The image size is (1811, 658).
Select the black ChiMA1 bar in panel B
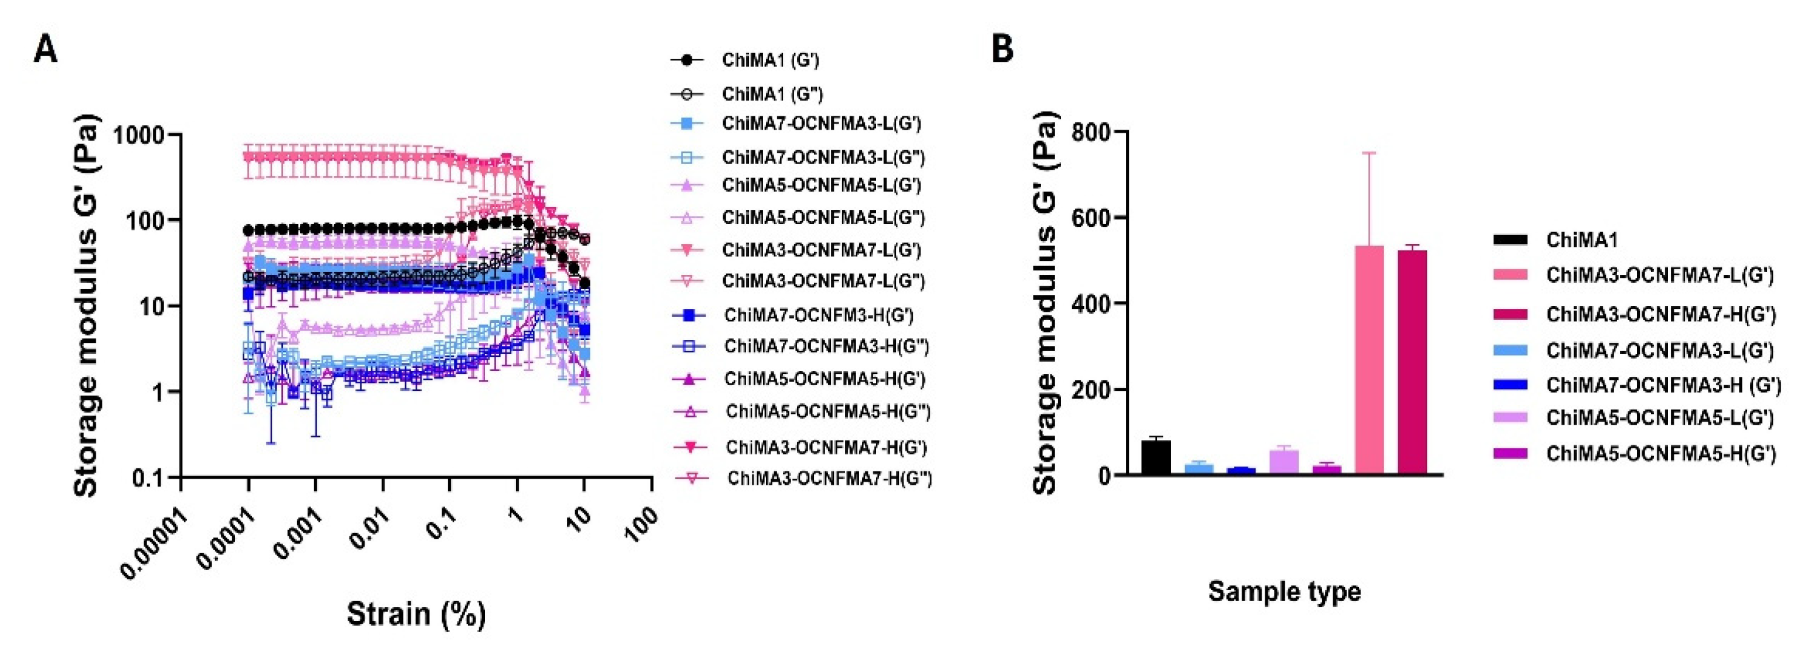(x=1155, y=457)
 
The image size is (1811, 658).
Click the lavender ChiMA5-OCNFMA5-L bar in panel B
(x=1283, y=462)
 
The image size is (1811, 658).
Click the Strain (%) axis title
(x=416, y=614)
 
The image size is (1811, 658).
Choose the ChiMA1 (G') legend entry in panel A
(x=770, y=61)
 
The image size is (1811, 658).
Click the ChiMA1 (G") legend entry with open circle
(x=772, y=94)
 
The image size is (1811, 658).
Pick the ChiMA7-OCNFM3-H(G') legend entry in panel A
(x=818, y=315)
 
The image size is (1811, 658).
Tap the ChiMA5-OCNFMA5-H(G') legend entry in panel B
(x=1661, y=454)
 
